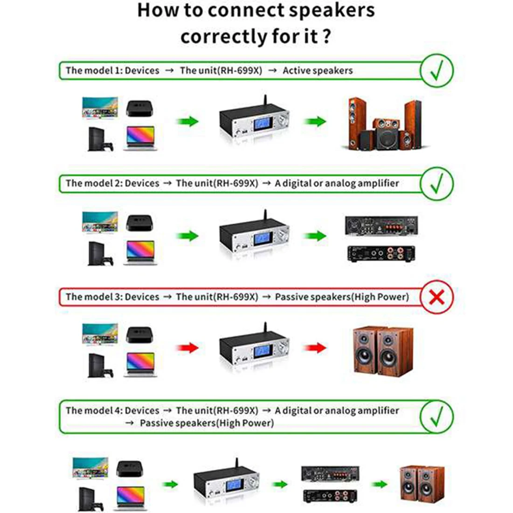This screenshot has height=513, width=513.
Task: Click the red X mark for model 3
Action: (437, 298)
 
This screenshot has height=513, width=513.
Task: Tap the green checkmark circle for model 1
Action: (437, 70)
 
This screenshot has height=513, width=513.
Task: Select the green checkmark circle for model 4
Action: (437, 416)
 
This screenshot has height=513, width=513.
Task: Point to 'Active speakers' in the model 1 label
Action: (317, 71)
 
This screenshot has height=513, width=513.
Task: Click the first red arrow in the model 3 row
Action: (187, 348)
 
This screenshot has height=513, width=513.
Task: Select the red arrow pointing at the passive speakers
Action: (315, 348)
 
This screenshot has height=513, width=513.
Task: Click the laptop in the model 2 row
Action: (140, 252)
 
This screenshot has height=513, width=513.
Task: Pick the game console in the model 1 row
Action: (100, 139)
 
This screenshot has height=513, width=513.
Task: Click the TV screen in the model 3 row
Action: (100, 334)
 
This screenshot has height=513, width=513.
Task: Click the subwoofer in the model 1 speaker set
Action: (387, 139)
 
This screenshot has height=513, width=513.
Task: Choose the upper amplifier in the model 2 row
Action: (381, 226)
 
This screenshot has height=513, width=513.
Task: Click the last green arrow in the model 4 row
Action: (380, 484)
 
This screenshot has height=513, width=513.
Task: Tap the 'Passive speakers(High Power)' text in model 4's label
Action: (207, 423)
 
